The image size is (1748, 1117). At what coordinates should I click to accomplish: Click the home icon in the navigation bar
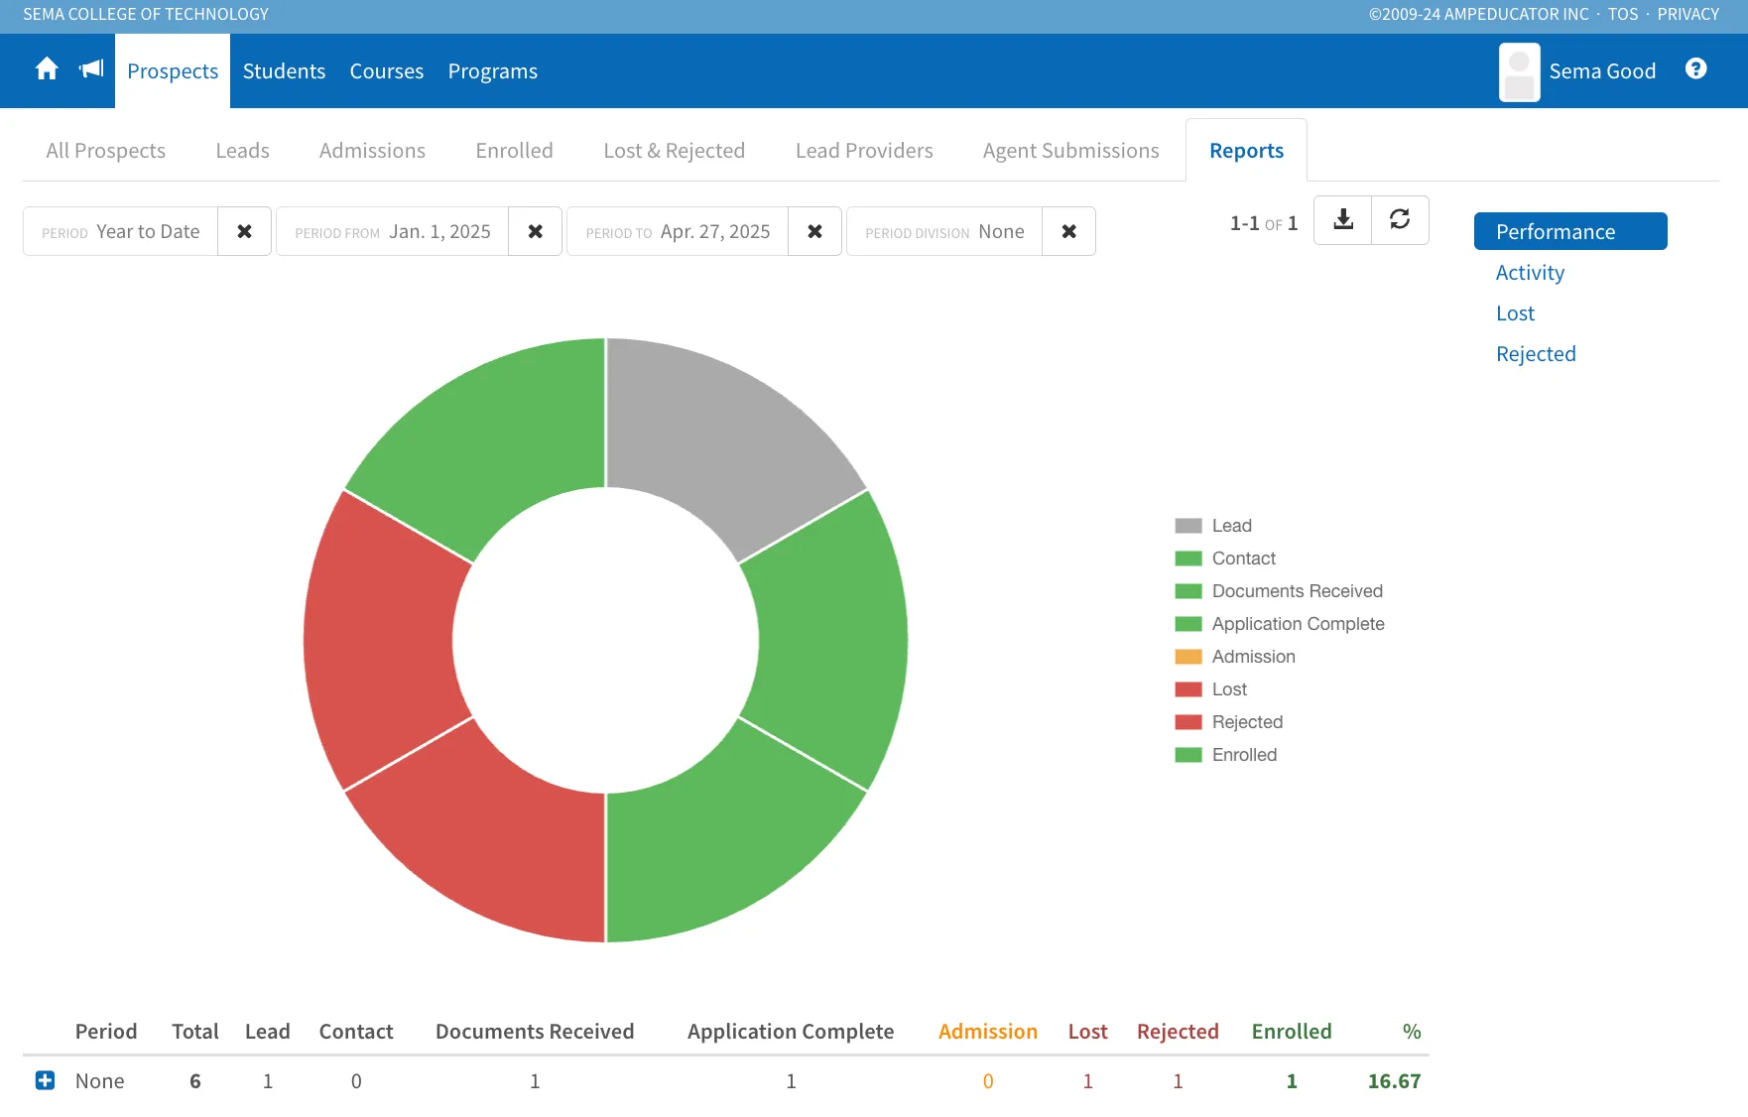tap(47, 68)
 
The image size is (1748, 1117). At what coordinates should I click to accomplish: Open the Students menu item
tap(284, 71)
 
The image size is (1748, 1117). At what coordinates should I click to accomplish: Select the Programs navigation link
tap(493, 71)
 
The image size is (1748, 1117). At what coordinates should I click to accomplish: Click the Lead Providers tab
tap(864, 151)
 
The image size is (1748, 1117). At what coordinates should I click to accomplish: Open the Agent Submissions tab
tap(1071, 151)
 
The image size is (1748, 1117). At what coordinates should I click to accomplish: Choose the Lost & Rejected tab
tap(675, 151)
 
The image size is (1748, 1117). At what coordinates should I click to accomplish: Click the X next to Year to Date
tap(244, 231)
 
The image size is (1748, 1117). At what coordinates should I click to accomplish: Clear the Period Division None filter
tap(1068, 231)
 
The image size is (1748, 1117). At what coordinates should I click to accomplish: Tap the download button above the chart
tap(1343, 219)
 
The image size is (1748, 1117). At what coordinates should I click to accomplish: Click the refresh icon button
tap(1400, 219)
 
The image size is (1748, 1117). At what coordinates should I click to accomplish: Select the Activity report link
tap(1530, 273)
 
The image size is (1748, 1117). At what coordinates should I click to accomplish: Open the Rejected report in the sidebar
tap(1536, 354)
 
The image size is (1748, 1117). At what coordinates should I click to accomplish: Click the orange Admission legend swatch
tap(1188, 657)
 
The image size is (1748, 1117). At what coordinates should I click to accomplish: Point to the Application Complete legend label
tap(1298, 624)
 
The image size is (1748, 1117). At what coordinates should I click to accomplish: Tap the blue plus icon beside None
tap(45, 1080)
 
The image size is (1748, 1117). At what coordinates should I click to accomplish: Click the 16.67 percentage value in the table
tap(1394, 1081)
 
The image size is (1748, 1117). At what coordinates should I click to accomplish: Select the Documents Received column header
tap(535, 1032)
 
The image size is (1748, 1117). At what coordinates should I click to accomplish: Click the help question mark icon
tap(1696, 68)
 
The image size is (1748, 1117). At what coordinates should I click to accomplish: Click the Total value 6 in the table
tap(195, 1081)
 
